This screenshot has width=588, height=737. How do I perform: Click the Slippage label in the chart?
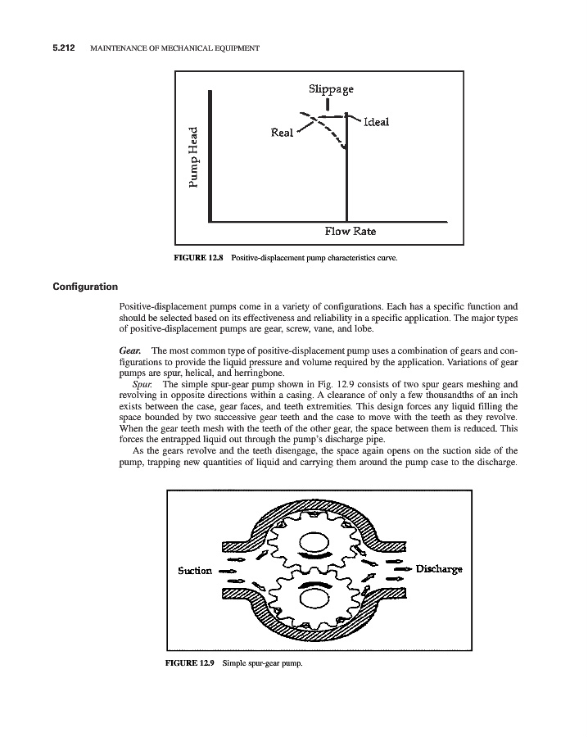click(x=331, y=88)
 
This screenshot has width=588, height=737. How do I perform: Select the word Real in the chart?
click(x=281, y=133)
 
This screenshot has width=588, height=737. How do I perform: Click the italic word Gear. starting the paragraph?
click(x=131, y=350)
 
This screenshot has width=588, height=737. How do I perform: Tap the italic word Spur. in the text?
click(x=142, y=383)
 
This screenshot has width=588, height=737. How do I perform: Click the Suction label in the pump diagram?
click(x=195, y=570)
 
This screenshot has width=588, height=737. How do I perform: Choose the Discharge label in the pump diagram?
click(x=440, y=568)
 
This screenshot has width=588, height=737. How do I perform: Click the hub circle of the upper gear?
click(x=314, y=544)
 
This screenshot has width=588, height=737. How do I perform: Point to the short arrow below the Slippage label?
click(x=328, y=104)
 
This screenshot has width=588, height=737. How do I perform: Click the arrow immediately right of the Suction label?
click(x=228, y=571)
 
